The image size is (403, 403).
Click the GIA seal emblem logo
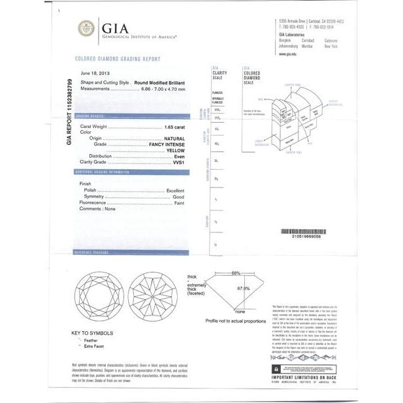pos(86,29)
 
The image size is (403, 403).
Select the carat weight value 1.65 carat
pos(174,125)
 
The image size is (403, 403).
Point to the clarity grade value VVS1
pos(176,162)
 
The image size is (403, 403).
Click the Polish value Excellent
pos(175,190)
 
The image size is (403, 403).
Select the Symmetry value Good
pos(178,197)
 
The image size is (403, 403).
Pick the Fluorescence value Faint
pos(179,203)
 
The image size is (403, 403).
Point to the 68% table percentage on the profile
pos(235,272)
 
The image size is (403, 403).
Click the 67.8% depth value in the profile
pos(243,288)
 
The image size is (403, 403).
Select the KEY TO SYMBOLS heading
pos(92,333)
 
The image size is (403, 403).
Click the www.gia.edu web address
pos(288,55)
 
